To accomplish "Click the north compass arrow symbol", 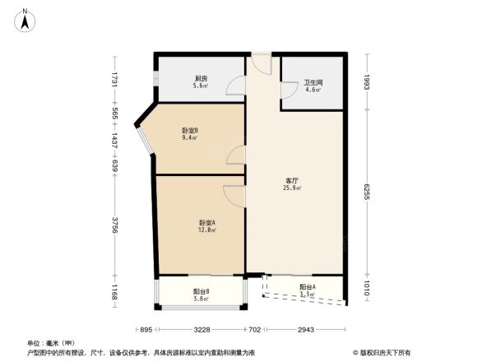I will pyautogui.click(x=27, y=19).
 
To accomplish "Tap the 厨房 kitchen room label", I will pyautogui.click(x=200, y=78).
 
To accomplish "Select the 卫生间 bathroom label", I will pyautogui.click(x=312, y=82).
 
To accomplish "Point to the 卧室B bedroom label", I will pyautogui.click(x=189, y=129).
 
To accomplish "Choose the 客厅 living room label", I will pyautogui.click(x=292, y=180).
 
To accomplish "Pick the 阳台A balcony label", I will pyautogui.click(x=308, y=286).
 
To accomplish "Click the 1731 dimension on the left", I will pyautogui.click(x=117, y=80).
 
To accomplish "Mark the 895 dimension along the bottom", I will pyautogui.click(x=145, y=329).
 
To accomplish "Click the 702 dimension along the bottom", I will pyautogui.click(x=255, y=329).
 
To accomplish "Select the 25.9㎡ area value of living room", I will pyautogui.click(x=292, y=188).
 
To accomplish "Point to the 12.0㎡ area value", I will pyautogui.click(x=207, y=230).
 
